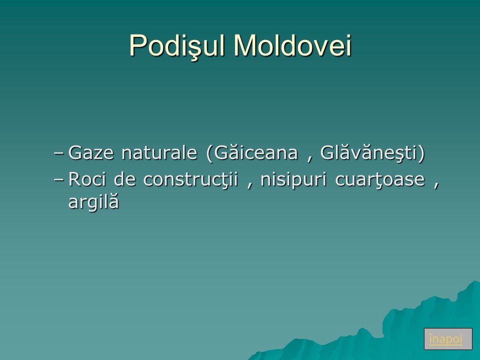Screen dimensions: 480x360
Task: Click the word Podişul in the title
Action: coord(178,46)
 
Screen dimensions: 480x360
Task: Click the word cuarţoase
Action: coord(380,179)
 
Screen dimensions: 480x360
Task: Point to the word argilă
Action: coord(93,201)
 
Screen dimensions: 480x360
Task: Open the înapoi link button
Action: coord(448,339)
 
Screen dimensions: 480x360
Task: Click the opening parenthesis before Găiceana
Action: coord(209,152)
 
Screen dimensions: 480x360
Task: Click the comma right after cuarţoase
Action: coord(436,185)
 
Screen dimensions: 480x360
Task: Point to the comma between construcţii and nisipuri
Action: coord(250,185)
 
